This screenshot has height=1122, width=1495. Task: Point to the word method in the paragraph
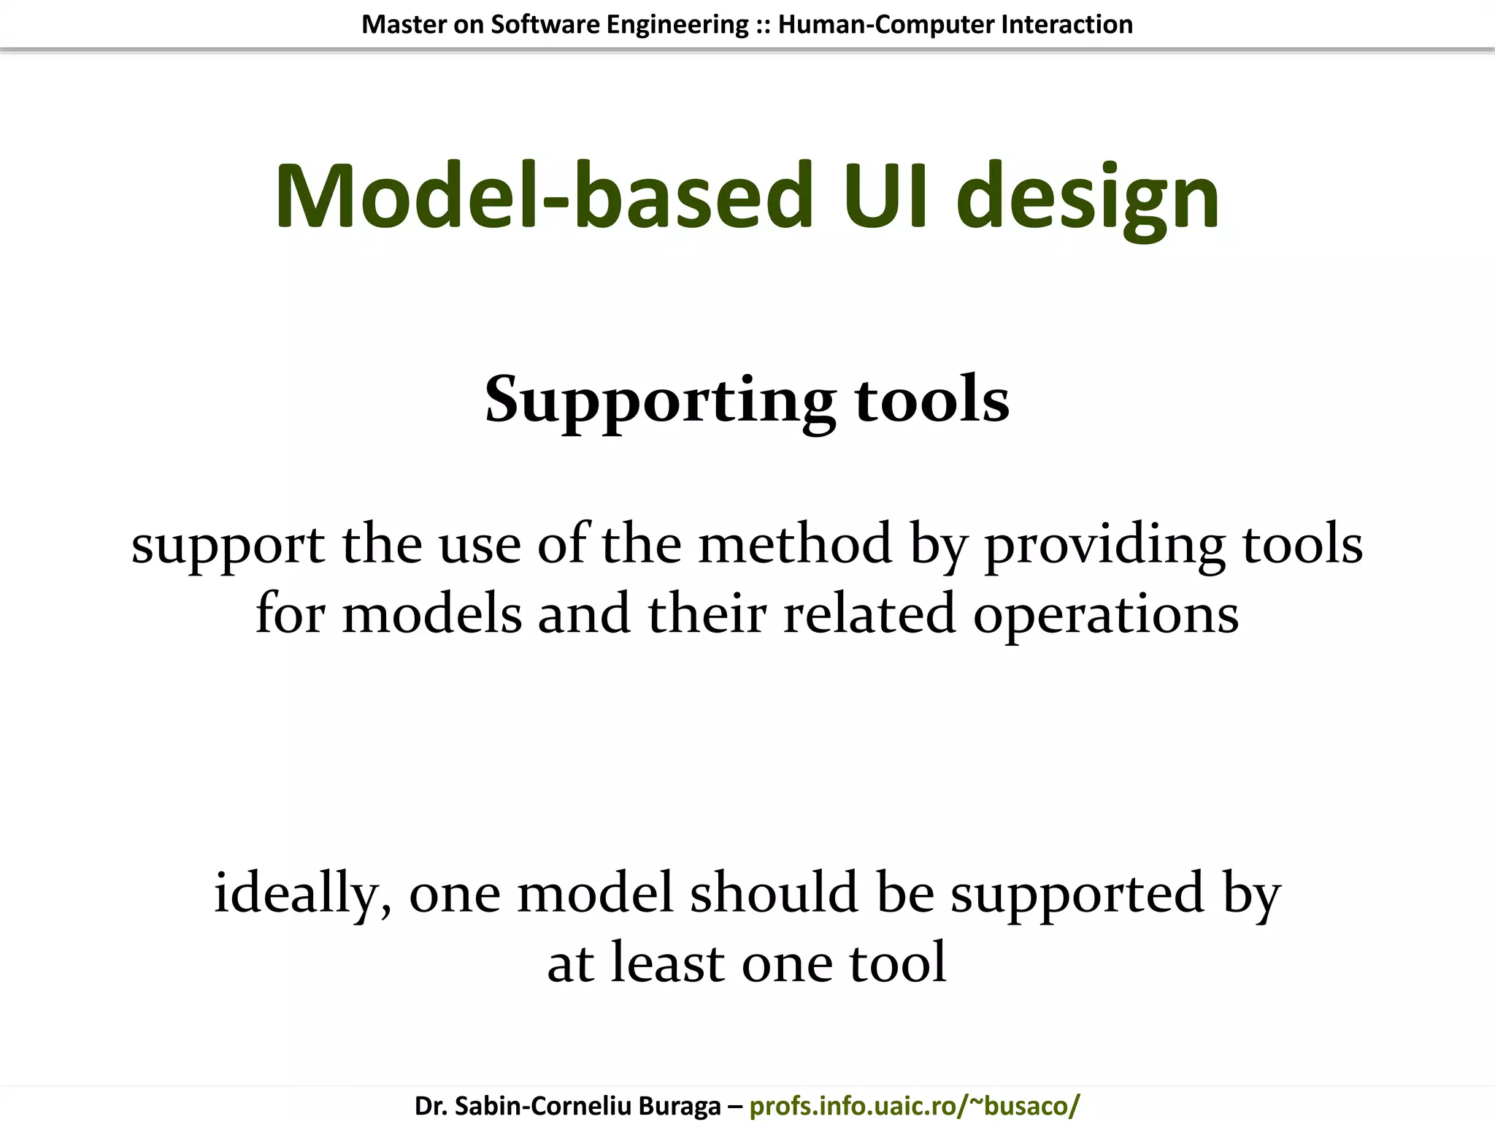(x=795, y=545)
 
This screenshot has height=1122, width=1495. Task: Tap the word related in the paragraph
(x=869, y=614)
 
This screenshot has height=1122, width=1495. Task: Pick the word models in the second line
(x=432, y=614)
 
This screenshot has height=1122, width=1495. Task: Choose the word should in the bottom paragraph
(x=775, y=893)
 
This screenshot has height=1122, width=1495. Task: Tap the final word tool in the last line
(x=897, y=963)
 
